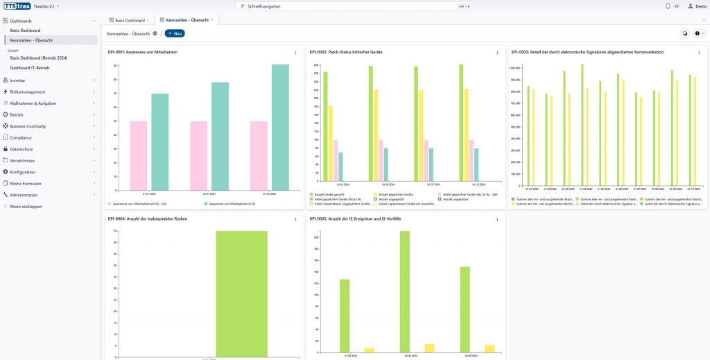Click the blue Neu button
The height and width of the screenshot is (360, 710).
point(175,33)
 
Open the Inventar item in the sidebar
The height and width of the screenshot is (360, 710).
point(18,80)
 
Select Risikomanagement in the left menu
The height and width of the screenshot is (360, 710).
point(28,92)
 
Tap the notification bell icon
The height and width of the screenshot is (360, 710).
point(668,6)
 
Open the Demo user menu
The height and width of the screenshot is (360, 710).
point(697,6)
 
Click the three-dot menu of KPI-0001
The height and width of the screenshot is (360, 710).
point(295,53)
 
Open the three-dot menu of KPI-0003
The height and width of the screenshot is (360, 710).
point(699,53)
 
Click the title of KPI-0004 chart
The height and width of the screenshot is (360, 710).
point(147,218)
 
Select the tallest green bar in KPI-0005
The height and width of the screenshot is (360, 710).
point(405,292)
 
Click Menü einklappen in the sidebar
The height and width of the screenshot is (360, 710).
point(26,206)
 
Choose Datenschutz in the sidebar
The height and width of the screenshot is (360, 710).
point(21,149)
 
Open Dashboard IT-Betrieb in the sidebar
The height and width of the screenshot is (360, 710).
point(30,67)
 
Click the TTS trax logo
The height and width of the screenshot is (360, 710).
point(15,6)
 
